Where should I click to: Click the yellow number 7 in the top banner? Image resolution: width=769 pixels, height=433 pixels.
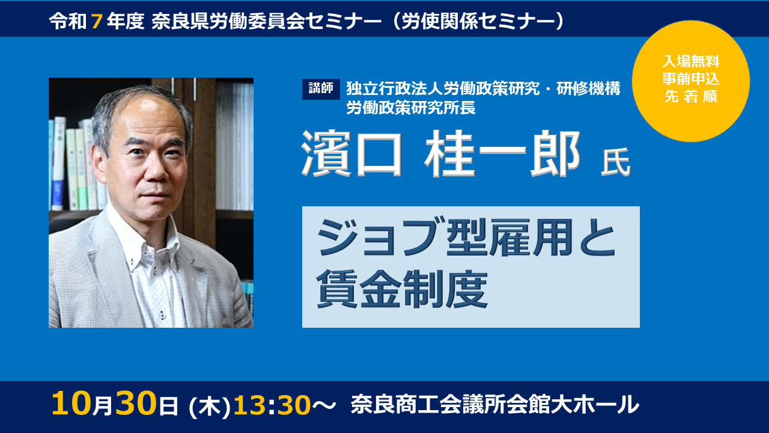[x=96, y=21]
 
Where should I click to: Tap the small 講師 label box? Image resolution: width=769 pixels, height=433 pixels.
[x=321, y=89]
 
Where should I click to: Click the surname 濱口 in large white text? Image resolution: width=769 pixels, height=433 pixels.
[x=351, y=154]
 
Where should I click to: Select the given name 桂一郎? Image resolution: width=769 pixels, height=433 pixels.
[x=505, y=154]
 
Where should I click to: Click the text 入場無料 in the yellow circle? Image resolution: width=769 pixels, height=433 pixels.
[x=691, y=61]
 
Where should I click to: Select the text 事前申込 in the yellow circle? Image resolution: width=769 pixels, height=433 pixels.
[x=691, y=79]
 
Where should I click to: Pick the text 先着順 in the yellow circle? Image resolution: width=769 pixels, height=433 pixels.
[x=691, y=96]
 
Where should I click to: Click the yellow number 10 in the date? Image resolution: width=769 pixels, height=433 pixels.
[x=71, y=404]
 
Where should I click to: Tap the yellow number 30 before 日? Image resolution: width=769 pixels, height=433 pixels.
[x=136, y=404]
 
